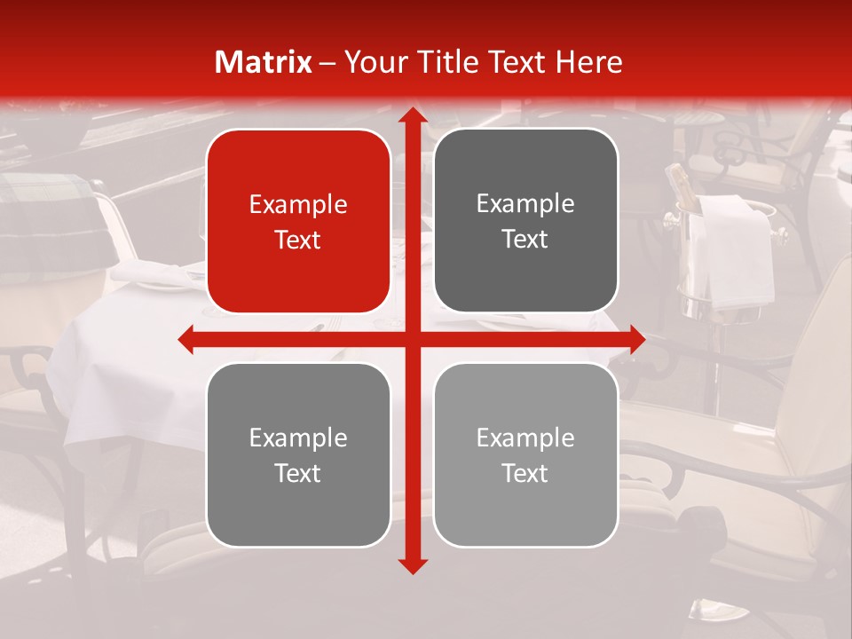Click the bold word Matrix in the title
(x=264, y=62)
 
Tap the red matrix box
(x=298, y=221)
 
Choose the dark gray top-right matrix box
(x=525, y=221)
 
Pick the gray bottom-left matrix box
(x=298, y=454)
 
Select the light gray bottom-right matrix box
(x=525, y=454)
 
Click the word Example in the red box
(x=298, y=205)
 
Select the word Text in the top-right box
(x=525, y=240)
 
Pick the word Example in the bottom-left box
(x=298, y=438)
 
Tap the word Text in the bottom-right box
(x=525, y=473)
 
